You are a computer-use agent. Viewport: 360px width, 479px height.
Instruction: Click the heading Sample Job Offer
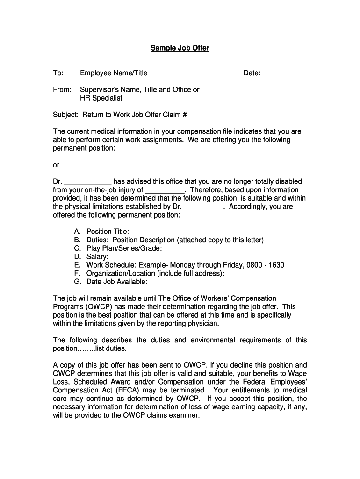[180, 48]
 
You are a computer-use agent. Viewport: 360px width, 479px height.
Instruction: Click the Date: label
[252, 73]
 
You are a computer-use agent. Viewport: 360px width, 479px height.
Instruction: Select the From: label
[62, 90]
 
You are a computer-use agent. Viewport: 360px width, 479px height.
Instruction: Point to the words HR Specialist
[101, 98]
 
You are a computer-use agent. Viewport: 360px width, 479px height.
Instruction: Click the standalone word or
[56, 165]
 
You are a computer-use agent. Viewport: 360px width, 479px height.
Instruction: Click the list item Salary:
[97, 257]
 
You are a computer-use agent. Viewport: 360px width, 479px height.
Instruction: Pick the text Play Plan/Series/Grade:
[124, 248]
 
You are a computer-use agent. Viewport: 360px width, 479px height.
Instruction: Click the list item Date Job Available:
[117, 282]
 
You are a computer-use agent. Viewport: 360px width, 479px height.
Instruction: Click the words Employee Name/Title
[114, 73]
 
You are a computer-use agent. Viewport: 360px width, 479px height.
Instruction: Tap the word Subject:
[66, 115]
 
